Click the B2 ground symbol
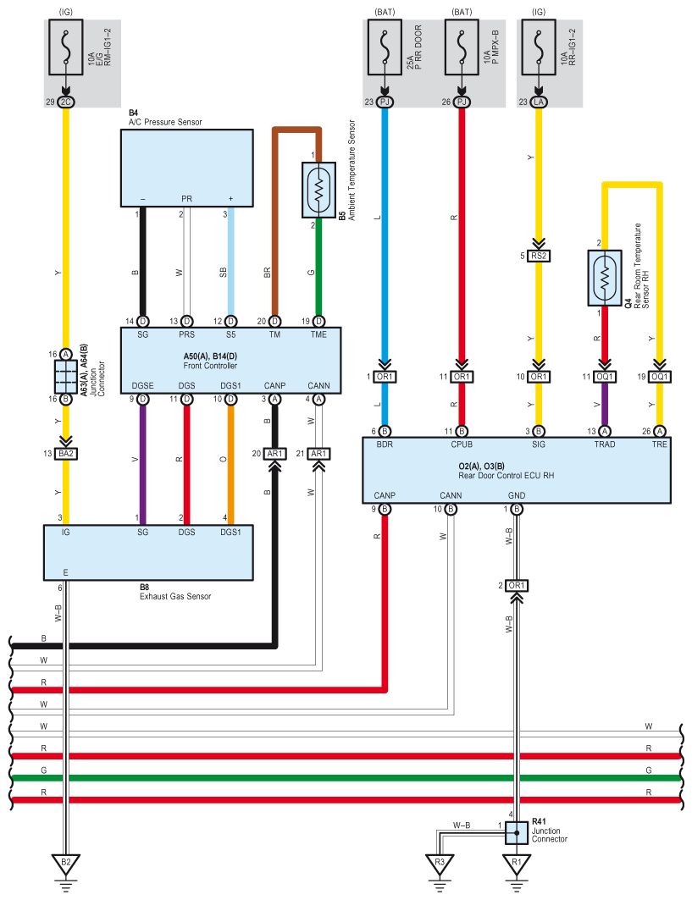point(65,864)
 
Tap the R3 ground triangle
point(438,864)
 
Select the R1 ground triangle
point(514,864)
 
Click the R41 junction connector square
point(514,833)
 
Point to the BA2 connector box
point(65,454)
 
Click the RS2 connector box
point(539,256)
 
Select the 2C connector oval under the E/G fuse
point(65,102)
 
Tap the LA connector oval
point(539,102)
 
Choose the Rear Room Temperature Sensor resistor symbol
point(603,278)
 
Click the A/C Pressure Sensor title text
point(165,123)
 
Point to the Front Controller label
point(210,366)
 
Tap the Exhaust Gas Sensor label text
point(174,596)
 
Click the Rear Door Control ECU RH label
point(507,476)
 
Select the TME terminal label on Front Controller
point(318,335)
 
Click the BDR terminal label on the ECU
point(385,444)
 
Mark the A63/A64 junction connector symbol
point(65,374)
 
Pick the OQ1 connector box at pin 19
point(660,377)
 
